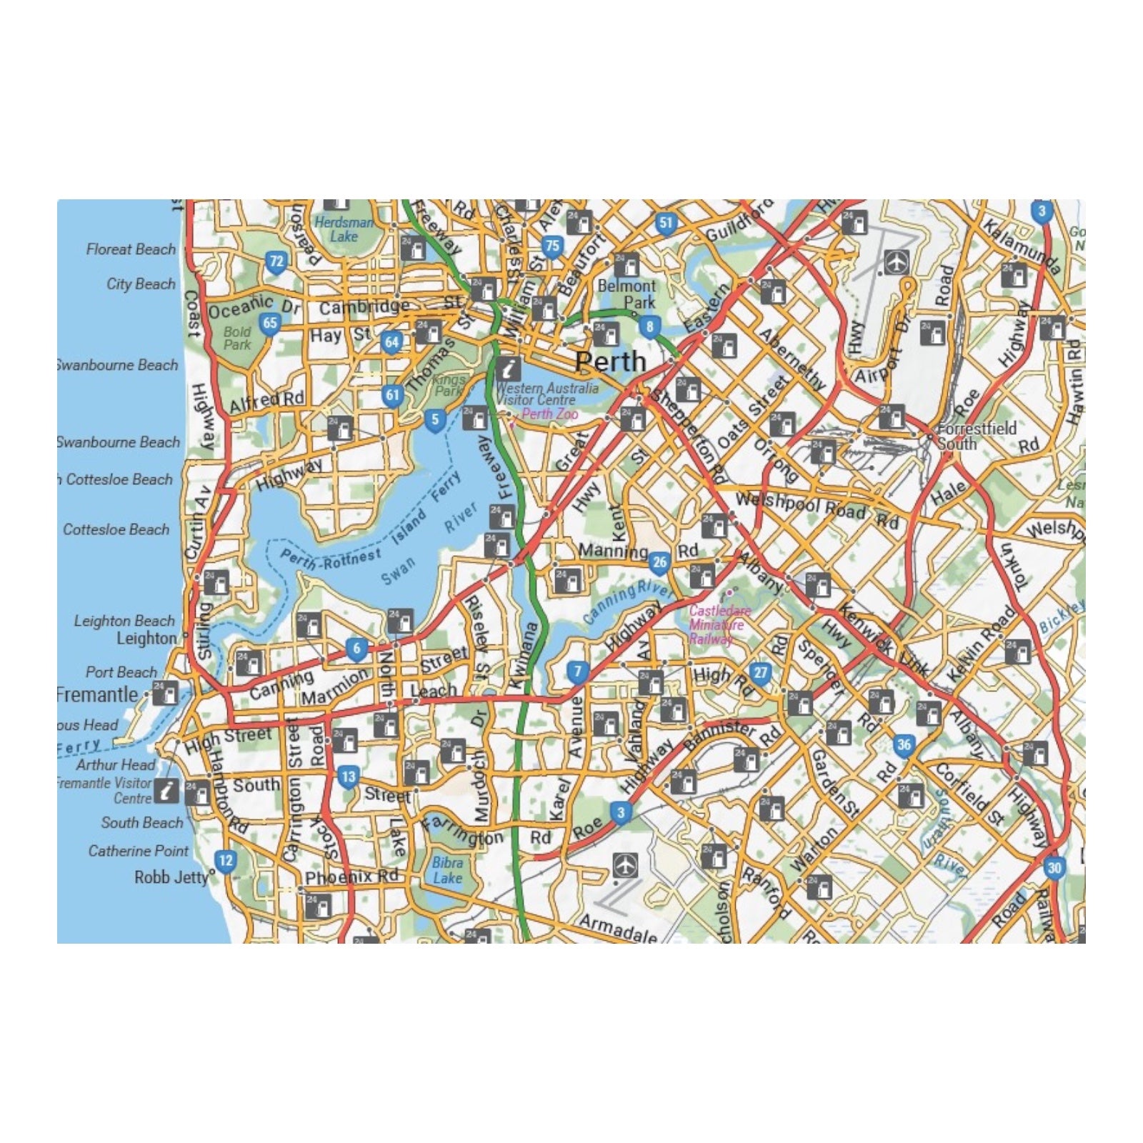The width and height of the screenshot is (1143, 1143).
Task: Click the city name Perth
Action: tap(610, 361)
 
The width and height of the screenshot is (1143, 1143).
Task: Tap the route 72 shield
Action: tap(276, 261)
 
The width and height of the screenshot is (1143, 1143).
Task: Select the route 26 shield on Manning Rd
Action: tap(659, 563)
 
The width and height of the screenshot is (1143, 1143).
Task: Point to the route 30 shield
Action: tap(1054, 868)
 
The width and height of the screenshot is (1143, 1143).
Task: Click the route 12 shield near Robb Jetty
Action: tap(225, 860)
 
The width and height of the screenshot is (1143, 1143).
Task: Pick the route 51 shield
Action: tap(666, 223)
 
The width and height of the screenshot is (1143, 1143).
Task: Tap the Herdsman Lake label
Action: tap(344, 229)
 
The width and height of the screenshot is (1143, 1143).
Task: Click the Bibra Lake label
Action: tap(447, 870)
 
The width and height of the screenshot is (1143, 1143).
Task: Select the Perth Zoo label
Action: tap(549, 414)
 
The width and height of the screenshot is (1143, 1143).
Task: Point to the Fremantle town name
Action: tap(98, 694)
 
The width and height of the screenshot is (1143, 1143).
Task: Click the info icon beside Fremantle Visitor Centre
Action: tap(168, 790)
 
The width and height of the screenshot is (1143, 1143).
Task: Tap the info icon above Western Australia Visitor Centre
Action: tap(509, 369)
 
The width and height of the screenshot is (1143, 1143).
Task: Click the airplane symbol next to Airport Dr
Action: tap(896, 261)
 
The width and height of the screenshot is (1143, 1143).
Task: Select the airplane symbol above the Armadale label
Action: tap(625, 866)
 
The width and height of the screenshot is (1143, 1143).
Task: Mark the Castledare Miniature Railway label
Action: tap(718, 624)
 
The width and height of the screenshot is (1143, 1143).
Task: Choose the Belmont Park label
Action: tap(627, 294)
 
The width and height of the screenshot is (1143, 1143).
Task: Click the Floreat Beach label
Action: tap(131, 249)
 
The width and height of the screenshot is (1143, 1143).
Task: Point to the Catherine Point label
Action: tap(139, 851)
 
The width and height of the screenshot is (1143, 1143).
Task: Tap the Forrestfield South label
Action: tap(976, 436)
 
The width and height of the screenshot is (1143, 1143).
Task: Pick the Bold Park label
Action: tap(237, 338)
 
